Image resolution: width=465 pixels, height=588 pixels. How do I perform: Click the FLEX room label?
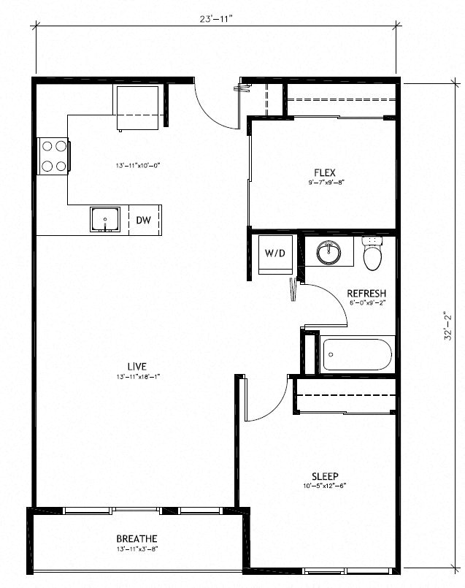[x=325, y=173]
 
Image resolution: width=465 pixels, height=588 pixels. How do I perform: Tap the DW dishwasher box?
[x=144, y=220]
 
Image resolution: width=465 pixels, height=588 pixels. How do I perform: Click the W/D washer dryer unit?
[x=274, y=253]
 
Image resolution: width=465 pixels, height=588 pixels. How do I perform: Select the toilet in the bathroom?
[x=373, y=252]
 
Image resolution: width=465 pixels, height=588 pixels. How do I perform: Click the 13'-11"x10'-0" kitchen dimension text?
[x=137, y=166]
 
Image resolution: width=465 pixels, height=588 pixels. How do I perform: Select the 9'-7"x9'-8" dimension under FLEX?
[x=325, y=183]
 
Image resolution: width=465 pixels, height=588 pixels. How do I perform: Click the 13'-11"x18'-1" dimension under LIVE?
[x=137, y=376]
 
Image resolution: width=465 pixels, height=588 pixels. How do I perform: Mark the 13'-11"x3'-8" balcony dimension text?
[x=137, y=549]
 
